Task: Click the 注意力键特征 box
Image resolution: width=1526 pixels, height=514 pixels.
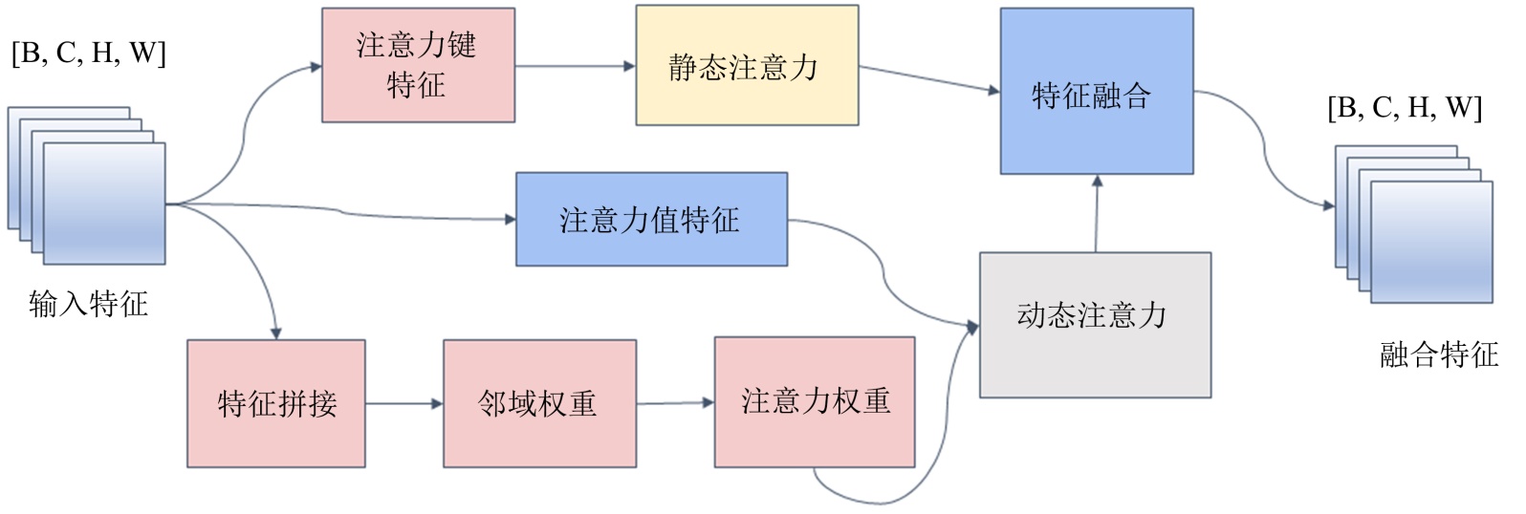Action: pyautogui.click(x=418, y=65)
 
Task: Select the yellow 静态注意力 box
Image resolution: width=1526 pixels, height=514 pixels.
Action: pyautogui.click(x=747, y=66)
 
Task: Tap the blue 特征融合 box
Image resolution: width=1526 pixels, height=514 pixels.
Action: pyautogui.click(x=1096, y=92)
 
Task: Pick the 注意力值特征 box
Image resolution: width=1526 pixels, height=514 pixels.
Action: pyautogui.click(x=651, y=219)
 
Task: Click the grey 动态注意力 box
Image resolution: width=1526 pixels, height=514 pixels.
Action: pyautogui.click(x=1095, y=325)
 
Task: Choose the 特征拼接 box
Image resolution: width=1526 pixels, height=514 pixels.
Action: pyautogui.click(x=276, y=403)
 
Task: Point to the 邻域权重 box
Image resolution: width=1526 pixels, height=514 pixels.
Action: pyautogui.click(x=539, y=403)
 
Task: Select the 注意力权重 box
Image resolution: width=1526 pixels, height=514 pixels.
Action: pyautogui.click(x=815, y=401)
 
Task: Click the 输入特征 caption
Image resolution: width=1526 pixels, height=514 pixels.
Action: pyautogui.click(x=89, y=304)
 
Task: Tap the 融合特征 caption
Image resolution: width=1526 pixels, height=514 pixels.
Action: pyautogui.click(x=1438, y=354)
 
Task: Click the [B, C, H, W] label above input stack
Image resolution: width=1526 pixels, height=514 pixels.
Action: pyautogui.click(x=89, y=53)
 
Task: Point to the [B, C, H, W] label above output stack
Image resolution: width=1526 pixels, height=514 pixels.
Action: pyautogui.click(x=1405, y=107)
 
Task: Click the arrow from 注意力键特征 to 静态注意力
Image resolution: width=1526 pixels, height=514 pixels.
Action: pyautogui.click(x=575, y=66)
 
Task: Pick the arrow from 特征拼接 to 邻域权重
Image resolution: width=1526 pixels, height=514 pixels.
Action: pyautogui.click(x=403, y=403)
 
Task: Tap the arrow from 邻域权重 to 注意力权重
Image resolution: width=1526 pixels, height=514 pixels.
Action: pyautogui.click(x=675, y=402)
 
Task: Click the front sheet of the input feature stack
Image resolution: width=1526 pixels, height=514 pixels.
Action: pyautogui.click(x=104, y=203)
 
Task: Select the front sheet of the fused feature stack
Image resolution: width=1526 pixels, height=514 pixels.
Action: pyautogui.click(x=1431, y=241)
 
